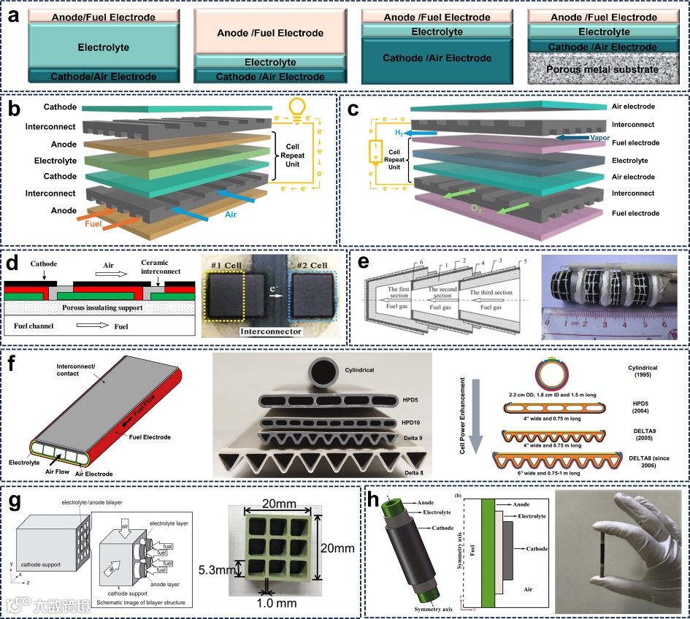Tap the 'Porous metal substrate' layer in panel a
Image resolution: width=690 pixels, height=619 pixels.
point(602,70)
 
